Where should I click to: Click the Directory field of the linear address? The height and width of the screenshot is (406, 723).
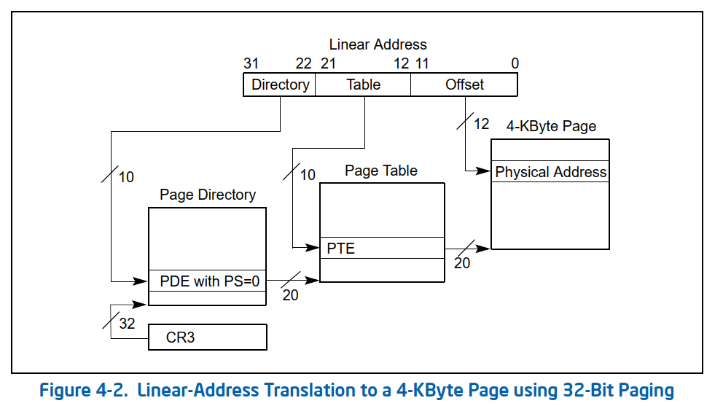coord(280,85)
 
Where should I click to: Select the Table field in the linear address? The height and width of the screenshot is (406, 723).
coord(363,85)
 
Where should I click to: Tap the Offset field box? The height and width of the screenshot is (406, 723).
coord(464,85)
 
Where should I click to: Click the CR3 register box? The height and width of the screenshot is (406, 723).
coord(208,337)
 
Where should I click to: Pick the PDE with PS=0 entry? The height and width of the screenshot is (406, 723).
coord(207,281)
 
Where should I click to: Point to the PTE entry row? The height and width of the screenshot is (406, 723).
coord(382,249)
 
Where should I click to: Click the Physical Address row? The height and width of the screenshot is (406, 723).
coord(550,173)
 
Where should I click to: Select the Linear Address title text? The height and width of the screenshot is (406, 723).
coord(378,45)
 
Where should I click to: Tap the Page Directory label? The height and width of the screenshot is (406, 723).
coord(208,195)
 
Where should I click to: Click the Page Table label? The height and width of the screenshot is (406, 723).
coord(381,171)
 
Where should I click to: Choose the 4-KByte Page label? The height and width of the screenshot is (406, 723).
coord(551,126)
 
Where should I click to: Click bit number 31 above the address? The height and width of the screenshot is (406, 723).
coord(251,64)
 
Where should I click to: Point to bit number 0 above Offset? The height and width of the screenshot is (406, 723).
coord(515,64)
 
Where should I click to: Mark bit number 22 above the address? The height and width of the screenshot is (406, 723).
coord(304,64)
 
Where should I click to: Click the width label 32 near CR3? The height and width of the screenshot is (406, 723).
coord(127,324)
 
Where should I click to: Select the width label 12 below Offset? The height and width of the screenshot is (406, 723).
coord(481,124)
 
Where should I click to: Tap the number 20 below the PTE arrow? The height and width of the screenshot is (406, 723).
coord(462,263)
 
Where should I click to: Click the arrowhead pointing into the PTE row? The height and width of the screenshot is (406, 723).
coord(314,248)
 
